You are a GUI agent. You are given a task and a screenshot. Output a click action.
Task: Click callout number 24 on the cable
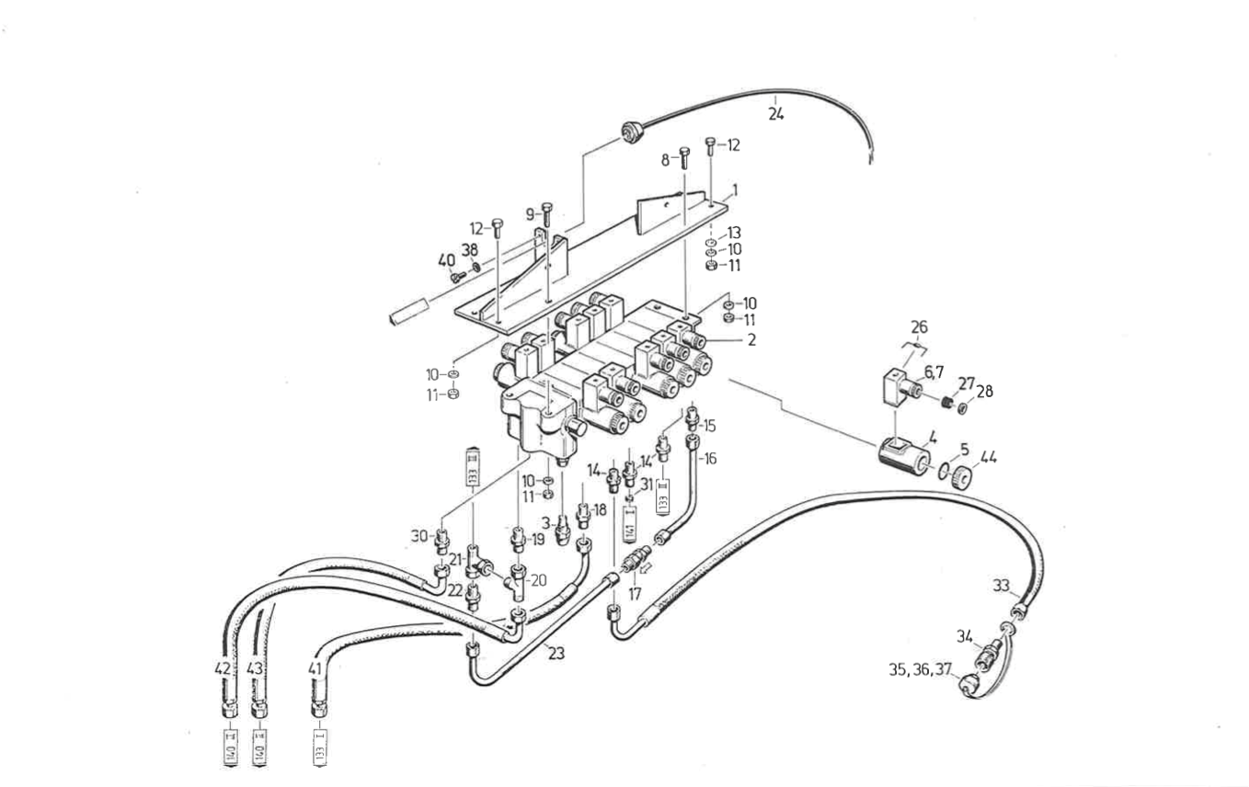point(776,115)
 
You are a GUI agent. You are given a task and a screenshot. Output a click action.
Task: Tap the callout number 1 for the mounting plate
point(735,191)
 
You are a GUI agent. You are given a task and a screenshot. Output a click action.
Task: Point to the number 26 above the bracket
point(919,326)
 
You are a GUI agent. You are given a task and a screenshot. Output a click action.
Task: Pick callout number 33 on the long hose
point(1002,585)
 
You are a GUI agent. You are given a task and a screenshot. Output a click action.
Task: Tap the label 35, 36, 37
point(920,670)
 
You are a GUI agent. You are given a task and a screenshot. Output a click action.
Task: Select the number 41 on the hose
point(315,670)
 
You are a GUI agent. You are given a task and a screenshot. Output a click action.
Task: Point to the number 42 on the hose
point(223,670)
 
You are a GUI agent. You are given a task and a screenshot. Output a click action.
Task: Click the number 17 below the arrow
point(635,594)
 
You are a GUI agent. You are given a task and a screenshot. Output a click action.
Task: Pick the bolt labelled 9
point(547,215)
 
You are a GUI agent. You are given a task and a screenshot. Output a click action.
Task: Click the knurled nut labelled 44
point(959,478)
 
